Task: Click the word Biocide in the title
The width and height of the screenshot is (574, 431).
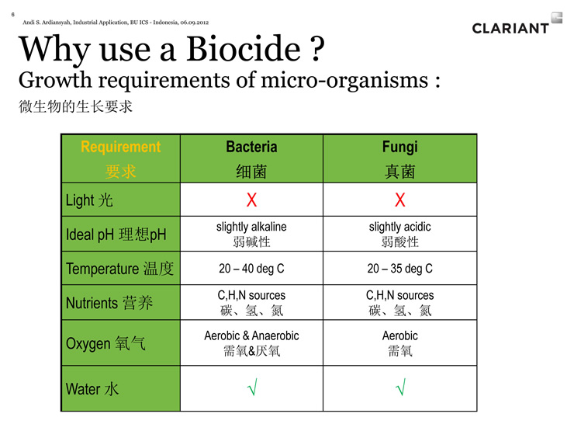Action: pos(244,49)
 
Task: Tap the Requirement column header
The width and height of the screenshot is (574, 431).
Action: pos(121,158)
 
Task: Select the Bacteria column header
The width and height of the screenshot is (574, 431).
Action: pos(251,158)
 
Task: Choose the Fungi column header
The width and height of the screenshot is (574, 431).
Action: pos(399,158)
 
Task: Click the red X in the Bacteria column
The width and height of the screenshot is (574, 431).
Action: pos(251,200)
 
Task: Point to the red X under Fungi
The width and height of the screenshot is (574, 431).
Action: pos(400,200)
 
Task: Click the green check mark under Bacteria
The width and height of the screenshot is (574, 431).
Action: pos(253,387)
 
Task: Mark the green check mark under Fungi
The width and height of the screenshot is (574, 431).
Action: pos(401,387)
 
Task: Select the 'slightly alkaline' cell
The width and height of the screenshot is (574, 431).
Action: pos(251,234)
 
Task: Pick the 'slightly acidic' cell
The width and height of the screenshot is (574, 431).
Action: pos(399,234)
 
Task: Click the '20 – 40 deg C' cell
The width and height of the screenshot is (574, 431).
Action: pos(251,268)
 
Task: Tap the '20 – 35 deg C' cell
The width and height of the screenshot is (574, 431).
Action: pos(399,268)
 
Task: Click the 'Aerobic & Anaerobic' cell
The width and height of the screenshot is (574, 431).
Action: pos(251,343)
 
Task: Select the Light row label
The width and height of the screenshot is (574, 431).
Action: pos(89,200)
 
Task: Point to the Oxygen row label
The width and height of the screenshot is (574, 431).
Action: pos(105,343)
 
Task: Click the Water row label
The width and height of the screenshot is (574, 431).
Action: pos(92,389)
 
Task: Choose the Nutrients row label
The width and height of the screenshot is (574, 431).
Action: pos(109,303)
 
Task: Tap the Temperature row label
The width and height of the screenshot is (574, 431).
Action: pos(119,269)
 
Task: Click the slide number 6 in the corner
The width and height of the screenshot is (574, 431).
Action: pos(13,15)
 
